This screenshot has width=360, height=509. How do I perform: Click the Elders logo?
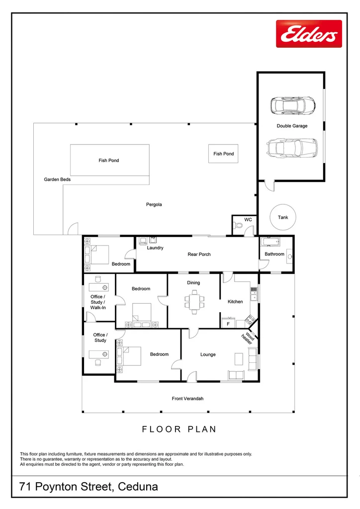point(309,34)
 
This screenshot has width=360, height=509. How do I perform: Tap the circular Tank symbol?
point(282,217)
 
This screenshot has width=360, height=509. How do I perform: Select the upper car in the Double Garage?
point(293,105)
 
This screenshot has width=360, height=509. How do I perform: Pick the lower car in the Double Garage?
point(292,147)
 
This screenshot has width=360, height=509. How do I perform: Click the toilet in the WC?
point(240,227)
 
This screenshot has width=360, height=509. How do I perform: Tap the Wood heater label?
point(248,339)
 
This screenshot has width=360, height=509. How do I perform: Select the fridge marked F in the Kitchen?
point(228,324)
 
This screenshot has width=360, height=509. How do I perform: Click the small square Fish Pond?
point(223,154)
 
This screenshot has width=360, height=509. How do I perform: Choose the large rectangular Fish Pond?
point(109,160)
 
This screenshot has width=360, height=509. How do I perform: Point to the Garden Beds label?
point(57,179)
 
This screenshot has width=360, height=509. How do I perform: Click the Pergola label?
point(154,204)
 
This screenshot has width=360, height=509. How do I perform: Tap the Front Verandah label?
point(188,399)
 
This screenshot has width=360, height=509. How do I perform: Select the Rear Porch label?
point(199,254)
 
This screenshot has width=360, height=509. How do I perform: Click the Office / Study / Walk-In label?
point(98,302)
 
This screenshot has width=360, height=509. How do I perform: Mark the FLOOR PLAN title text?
point(180,429)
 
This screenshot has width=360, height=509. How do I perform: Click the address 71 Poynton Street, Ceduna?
point(89,487)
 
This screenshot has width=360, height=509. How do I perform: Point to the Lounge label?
point(208,354)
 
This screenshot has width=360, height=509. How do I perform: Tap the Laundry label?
point(155,248)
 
